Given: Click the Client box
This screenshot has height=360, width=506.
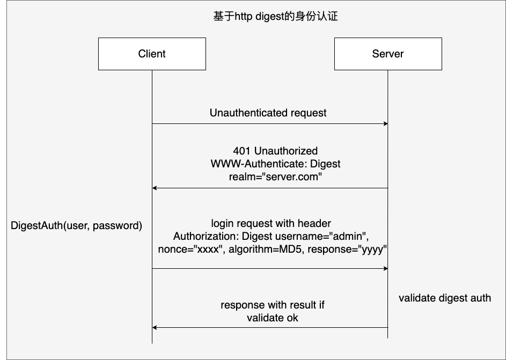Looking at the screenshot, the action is click(152, 54).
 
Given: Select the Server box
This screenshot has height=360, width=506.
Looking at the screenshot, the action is click(388, 54).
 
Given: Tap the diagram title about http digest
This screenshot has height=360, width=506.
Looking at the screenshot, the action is click(275, 16).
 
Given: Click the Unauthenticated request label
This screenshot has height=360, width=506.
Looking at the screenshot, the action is click(268, 113).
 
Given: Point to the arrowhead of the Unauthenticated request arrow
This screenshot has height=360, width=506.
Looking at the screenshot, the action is click(386, 123).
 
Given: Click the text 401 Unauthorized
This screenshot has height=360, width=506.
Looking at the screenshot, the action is click(275, 151).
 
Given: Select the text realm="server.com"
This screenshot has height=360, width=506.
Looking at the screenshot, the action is click(275, 177).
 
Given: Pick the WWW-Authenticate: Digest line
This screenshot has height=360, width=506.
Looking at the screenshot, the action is click(275, 164).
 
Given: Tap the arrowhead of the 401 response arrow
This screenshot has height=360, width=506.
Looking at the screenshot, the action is click(154, 188).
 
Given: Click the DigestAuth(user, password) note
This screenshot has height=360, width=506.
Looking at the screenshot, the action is click(77, 225).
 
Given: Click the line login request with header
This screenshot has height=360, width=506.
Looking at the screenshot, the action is click(271, 224).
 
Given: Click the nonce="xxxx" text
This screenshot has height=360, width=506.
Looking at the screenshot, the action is click(192, 249).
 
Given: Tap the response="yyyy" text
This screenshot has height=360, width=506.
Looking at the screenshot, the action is click(347, 249).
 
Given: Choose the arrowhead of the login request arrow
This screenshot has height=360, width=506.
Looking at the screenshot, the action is click(386, 268).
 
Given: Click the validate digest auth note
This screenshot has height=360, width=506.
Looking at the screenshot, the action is click(445, 298).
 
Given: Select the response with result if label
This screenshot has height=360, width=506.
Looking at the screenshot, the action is click(273, 305).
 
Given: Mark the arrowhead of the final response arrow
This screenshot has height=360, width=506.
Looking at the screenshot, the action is click(154, 327).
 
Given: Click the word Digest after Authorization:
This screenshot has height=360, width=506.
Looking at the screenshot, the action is click(257, 237).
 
